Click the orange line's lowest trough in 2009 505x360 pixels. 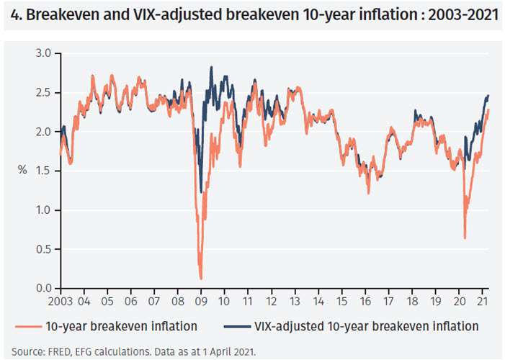[x=200, y=278]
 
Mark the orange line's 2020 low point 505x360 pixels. [x=465, y=238]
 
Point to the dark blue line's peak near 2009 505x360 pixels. [x=211, y=67]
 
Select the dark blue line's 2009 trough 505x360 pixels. [x=201, y=192]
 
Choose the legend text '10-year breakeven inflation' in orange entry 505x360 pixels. [x=120, y=326]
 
